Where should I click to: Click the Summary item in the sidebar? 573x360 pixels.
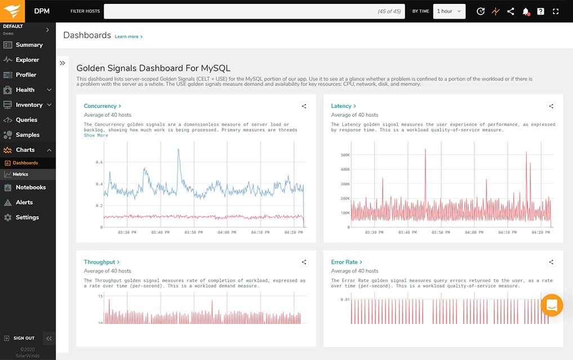point(29,45)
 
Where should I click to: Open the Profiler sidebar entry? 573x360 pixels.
point(26,75)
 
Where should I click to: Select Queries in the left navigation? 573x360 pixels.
point(26,120)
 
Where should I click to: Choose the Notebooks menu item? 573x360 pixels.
point(30,187)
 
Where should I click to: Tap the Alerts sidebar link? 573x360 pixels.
point(24,202)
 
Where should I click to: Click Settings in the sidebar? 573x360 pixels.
point(27,217)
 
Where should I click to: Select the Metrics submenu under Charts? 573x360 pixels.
point(20,174)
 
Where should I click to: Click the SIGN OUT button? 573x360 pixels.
point(24,338)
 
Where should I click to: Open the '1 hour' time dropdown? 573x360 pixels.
point(449,11)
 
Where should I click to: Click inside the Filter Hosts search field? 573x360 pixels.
point(236,11)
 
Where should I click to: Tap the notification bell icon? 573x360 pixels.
point(526,11)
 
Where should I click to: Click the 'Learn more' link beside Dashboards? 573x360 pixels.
point(128,37)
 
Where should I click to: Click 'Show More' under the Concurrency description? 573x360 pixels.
point(96,136)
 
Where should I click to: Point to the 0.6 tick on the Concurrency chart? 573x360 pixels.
point(99,162)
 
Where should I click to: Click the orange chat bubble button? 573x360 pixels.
point(551,305)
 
